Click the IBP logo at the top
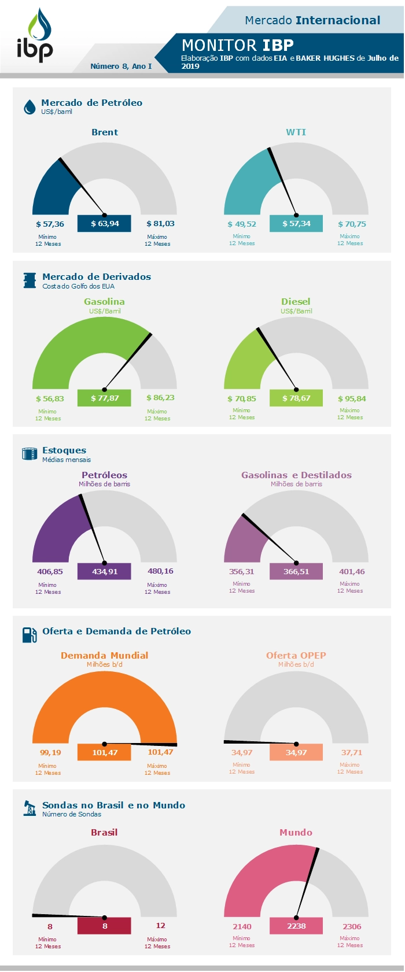click(x=35, y=36)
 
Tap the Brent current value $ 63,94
click(x=105, y=224)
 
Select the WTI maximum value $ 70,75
click(x=352, y=224)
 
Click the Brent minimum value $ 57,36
click(x=50, y=224)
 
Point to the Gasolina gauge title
click(x=104, y=302)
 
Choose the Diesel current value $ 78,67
click(x=296, y=398)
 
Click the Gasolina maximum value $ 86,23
click(x=160, y=398)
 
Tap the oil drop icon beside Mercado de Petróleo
click(x=30, y=107)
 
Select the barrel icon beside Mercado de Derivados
click(x=30, y=280)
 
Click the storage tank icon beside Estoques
click(x=30, y=454)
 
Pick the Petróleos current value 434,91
click(x=105, y=571)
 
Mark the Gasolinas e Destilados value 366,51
click(x=296, y=571)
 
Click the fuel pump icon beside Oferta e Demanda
click(x=30, y=635)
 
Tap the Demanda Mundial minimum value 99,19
click(x=50, y=752)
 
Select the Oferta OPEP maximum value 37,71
click(x=352, y=752)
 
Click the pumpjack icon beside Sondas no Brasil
click(x=30, y=808)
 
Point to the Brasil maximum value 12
click(x=160, y=926)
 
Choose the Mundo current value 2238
click(x=296, y=926)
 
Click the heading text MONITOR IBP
click(x=238, y=45)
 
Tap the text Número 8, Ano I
click(x=121, y=66)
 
